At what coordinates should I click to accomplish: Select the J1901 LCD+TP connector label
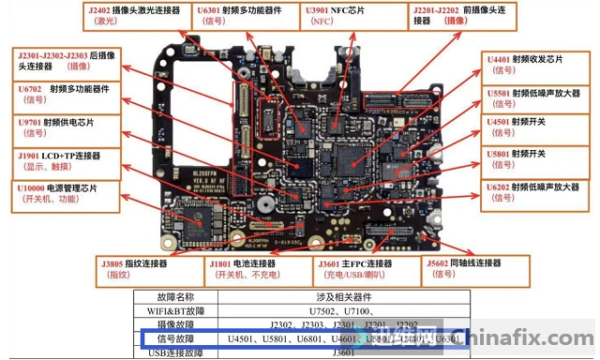[x=64, y=160]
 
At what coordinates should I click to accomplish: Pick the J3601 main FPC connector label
[x=367, y=269]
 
